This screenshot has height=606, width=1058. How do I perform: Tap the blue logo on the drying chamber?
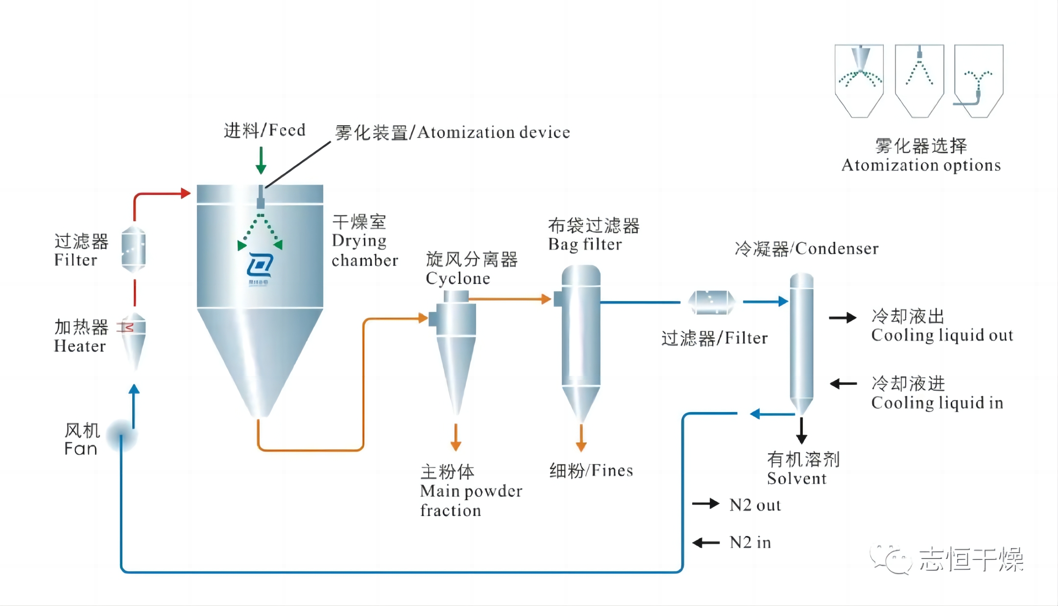coord(259,267)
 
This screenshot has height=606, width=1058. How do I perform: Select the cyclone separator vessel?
coord(456,343)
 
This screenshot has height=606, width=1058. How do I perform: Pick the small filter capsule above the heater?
coord(133,249)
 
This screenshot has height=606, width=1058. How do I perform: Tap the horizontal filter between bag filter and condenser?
coord(711,303)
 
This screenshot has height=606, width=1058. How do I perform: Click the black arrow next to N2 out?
coord(705,504)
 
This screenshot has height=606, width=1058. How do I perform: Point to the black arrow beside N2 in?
coord(705,542)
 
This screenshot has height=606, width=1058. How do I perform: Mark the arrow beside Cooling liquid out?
coord(842,318)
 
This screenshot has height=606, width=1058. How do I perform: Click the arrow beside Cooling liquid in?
coord(843,384)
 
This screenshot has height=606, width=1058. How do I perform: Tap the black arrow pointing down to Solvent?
coord(801,431)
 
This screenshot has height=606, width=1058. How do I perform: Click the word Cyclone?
coord(457,279)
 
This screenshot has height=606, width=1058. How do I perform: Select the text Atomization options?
coord(921,165)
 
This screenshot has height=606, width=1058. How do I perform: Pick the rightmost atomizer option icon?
coord(978,81)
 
